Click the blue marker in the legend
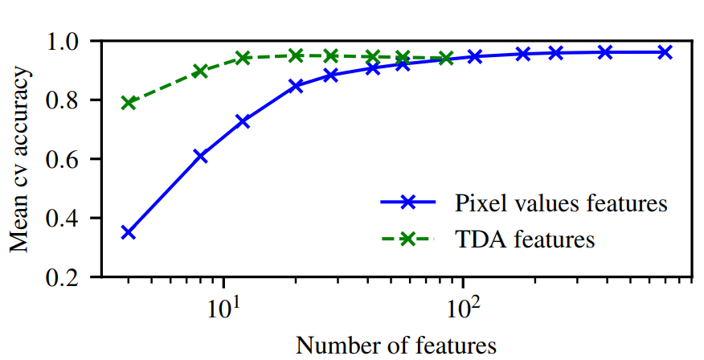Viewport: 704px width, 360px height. [x=408, y=203]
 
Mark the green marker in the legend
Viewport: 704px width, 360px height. [x=408, y=239]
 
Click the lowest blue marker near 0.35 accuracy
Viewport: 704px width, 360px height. [x=129, y=232]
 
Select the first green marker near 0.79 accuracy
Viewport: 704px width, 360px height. [x=129, y=103]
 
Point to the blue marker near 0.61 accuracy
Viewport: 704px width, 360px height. [x=200, y=157]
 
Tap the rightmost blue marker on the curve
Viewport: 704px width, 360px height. [x=665, y=52]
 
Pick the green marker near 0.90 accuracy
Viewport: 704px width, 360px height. [x=200, y=71]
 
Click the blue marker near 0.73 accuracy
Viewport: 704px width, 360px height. [x=243, y=121]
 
